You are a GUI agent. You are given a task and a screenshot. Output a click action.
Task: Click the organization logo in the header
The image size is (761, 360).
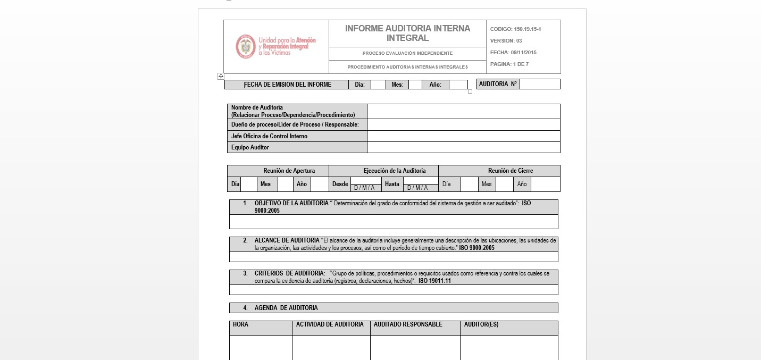click(276, 47)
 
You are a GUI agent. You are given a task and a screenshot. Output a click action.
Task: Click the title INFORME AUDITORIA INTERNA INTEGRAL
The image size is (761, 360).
click(407, 33)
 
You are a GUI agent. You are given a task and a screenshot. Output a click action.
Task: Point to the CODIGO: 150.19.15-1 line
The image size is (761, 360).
click(515, 29)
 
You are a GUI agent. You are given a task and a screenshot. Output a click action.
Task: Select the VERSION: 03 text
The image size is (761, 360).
click(506, 41)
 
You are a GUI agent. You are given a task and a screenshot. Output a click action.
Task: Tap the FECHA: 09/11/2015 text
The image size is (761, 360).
click(513, 53)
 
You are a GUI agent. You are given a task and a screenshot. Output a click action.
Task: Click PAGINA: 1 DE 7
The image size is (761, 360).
click(509, 64)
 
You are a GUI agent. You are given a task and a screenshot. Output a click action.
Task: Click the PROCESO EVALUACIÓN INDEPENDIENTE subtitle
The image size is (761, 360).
click(407, 53)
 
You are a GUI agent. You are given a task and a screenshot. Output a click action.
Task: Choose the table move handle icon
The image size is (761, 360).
click(221, 77)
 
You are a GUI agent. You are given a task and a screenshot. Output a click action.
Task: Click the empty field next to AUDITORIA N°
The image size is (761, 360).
click(539, 84)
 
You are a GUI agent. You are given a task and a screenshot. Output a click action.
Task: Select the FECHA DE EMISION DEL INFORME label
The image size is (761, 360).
click(287, 85)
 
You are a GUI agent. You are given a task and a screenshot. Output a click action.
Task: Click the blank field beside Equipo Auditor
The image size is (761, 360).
click(463, 147)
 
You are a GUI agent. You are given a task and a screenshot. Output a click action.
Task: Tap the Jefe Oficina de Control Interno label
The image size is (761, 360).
click(269, 136)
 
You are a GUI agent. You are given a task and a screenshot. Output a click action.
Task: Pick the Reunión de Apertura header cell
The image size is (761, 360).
click(289, 171)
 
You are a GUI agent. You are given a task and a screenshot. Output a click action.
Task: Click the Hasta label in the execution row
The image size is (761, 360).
click(392, 184)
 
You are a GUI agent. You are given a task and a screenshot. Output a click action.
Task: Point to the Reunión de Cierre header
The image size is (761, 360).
click(510, 171)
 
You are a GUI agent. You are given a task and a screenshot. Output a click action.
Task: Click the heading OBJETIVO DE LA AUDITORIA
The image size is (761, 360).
click(291, 203)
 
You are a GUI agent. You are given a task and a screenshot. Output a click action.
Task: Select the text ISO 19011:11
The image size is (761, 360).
click(434, 281)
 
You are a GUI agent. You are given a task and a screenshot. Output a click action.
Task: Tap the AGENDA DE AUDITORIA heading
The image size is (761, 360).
click(286, 308)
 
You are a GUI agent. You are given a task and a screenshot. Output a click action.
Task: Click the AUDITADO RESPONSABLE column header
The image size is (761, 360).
click(408, 324)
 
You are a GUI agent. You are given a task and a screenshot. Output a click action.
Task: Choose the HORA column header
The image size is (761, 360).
click(241, 324)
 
